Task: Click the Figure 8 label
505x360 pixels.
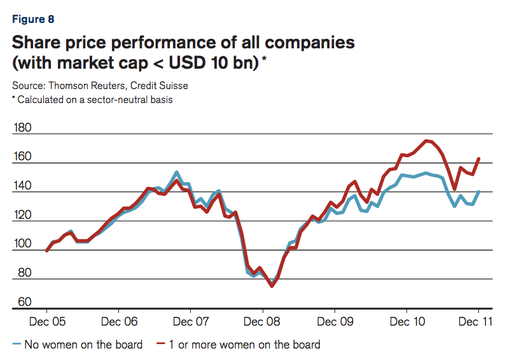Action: click(33, 19)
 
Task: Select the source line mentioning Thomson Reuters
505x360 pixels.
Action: click(100, 85)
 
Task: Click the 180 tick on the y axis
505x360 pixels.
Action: click(22, 128)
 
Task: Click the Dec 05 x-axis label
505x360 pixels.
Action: click(48, 322)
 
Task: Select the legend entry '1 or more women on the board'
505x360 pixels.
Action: click(237, 345)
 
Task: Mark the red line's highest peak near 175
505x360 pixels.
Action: click(426, 141)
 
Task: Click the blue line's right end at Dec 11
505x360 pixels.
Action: click(478, 191)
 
